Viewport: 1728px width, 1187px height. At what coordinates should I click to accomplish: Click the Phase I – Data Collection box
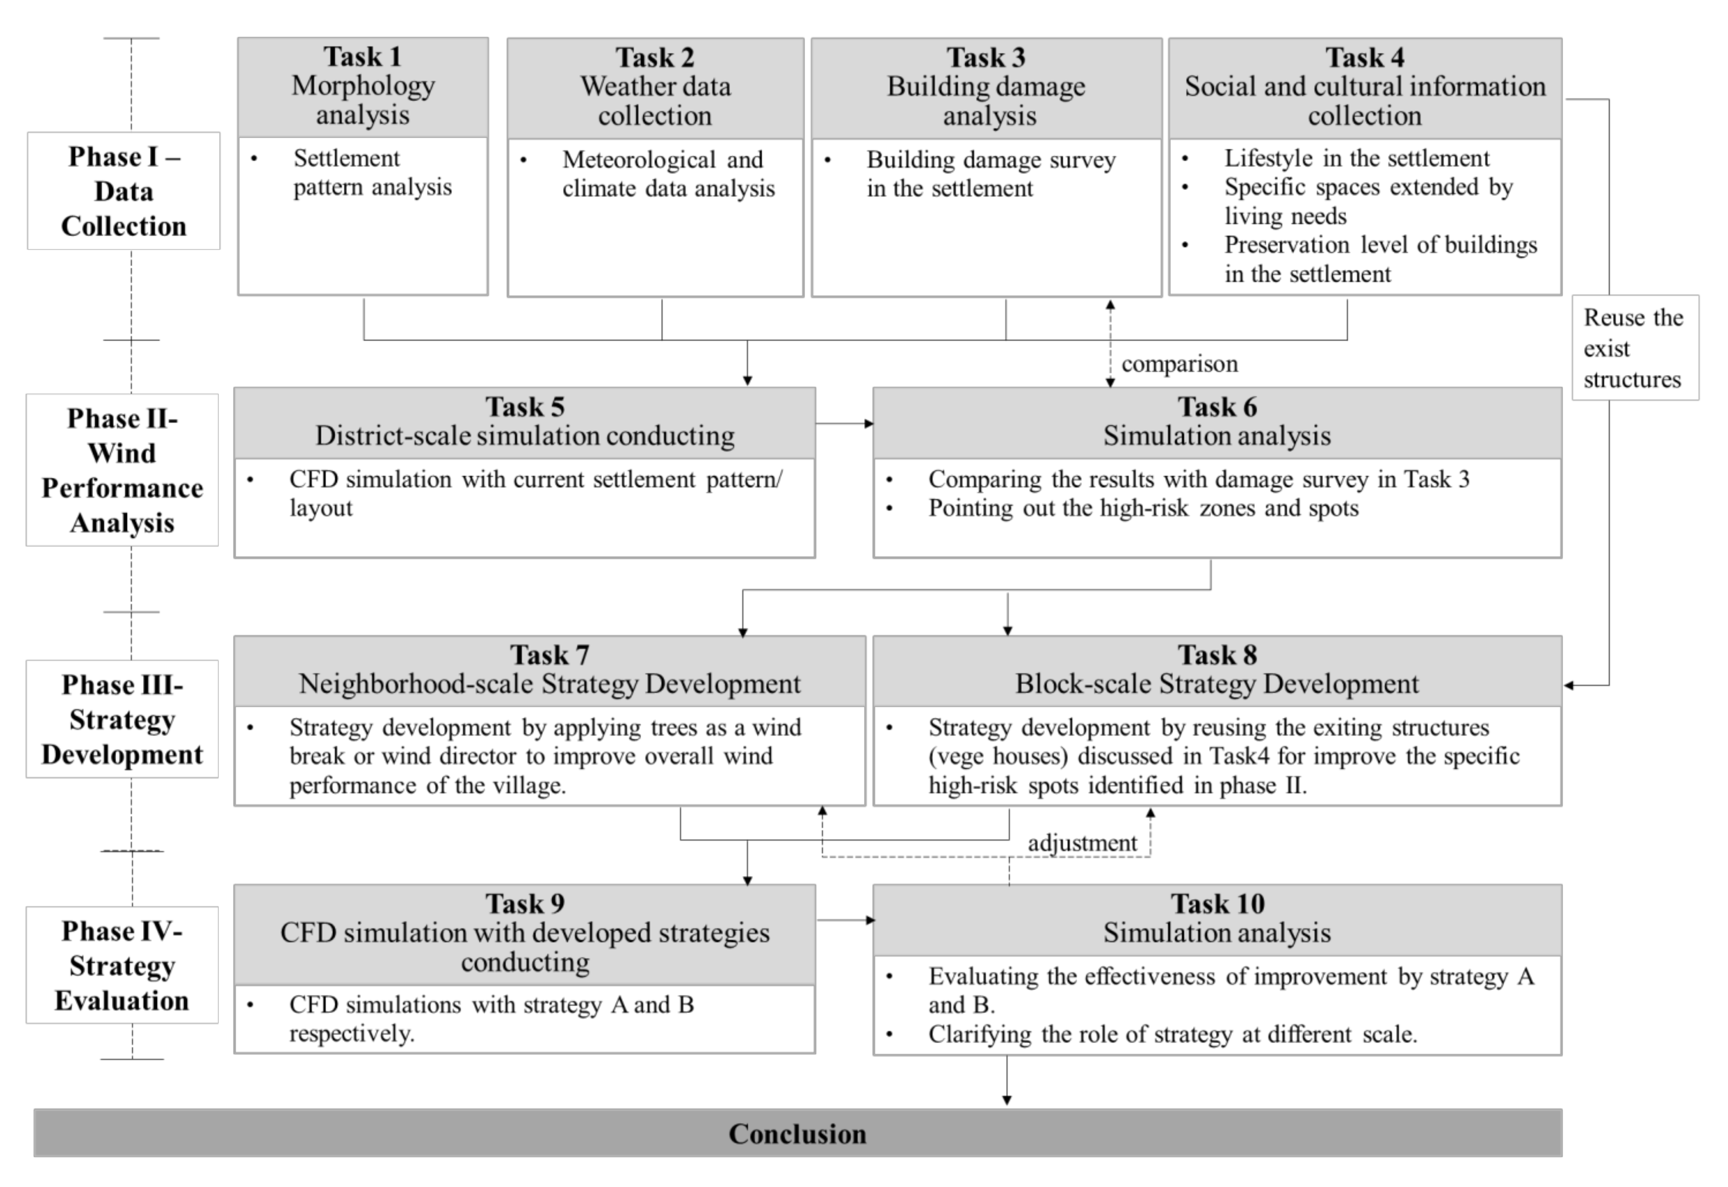[x=123, y=191]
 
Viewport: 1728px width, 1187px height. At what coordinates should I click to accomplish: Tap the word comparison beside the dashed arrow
[x=1179, y=364]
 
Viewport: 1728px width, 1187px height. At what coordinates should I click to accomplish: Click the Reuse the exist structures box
[x=1634, y=348]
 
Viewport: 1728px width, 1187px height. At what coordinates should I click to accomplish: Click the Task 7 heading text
[x=549, y=655]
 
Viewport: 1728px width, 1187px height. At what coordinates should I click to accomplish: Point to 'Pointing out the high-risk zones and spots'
[x=1143, y=509]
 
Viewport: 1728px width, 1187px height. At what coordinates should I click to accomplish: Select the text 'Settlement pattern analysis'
[x=372, y=173]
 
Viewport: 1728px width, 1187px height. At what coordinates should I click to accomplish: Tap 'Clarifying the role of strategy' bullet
[x=1173, y=1035]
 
